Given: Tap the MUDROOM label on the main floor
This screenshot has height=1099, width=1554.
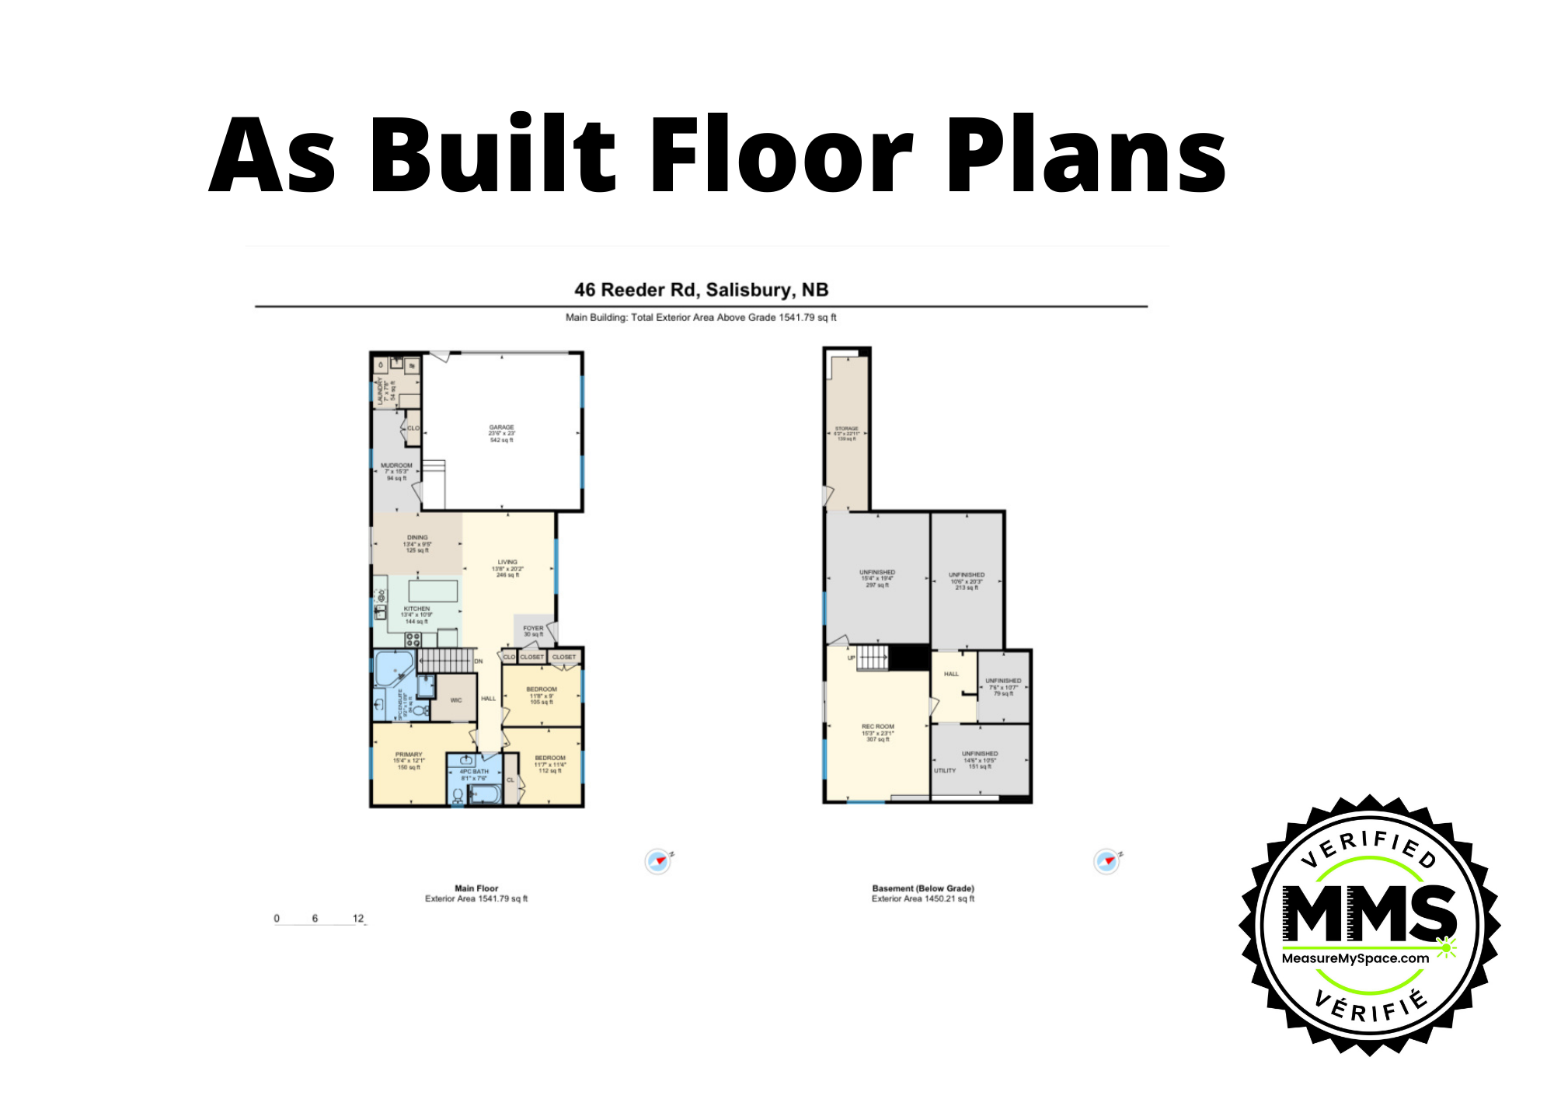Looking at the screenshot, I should point(396,466).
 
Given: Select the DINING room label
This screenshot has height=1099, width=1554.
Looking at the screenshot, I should point(417,538).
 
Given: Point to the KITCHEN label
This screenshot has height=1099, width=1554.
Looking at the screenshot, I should point(416,609).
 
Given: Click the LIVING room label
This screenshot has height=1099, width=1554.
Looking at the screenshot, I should point(507,562).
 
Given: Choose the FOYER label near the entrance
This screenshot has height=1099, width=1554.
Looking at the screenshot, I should point(533,628).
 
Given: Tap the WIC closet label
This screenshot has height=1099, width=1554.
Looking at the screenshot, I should point(456,700).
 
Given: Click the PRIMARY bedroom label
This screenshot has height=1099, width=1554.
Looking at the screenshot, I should point(409,755).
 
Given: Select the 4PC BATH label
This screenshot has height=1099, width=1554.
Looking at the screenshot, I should point(474,772).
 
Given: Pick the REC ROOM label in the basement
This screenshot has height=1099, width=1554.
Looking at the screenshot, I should point(878,727).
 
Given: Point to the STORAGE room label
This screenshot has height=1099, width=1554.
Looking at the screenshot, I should point(846,429).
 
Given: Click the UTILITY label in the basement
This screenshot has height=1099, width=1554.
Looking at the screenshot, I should point(945,770).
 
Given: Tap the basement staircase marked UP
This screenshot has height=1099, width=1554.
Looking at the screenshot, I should point(872,658).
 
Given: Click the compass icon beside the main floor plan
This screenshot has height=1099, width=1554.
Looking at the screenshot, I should point(658,861).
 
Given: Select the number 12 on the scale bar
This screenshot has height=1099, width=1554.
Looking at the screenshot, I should point(358,918).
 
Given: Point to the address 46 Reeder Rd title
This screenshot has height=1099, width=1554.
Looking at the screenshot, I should point(701,290).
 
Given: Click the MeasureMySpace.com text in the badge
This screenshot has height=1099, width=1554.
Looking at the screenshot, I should point(1355,958).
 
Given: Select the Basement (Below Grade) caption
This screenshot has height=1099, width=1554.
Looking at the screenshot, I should point(922,888).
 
